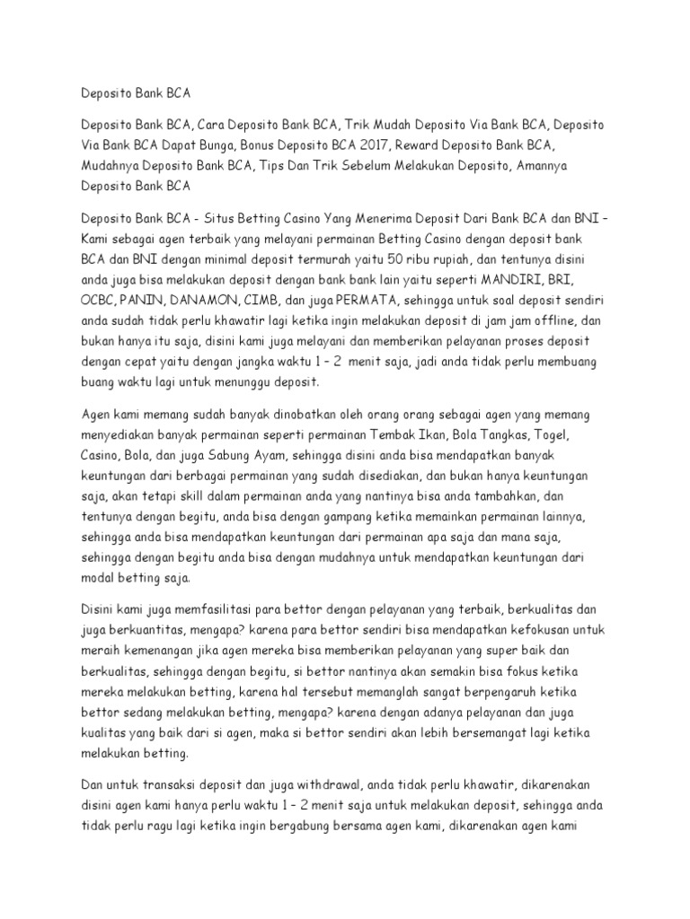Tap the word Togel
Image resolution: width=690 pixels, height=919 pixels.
(565, 436)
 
